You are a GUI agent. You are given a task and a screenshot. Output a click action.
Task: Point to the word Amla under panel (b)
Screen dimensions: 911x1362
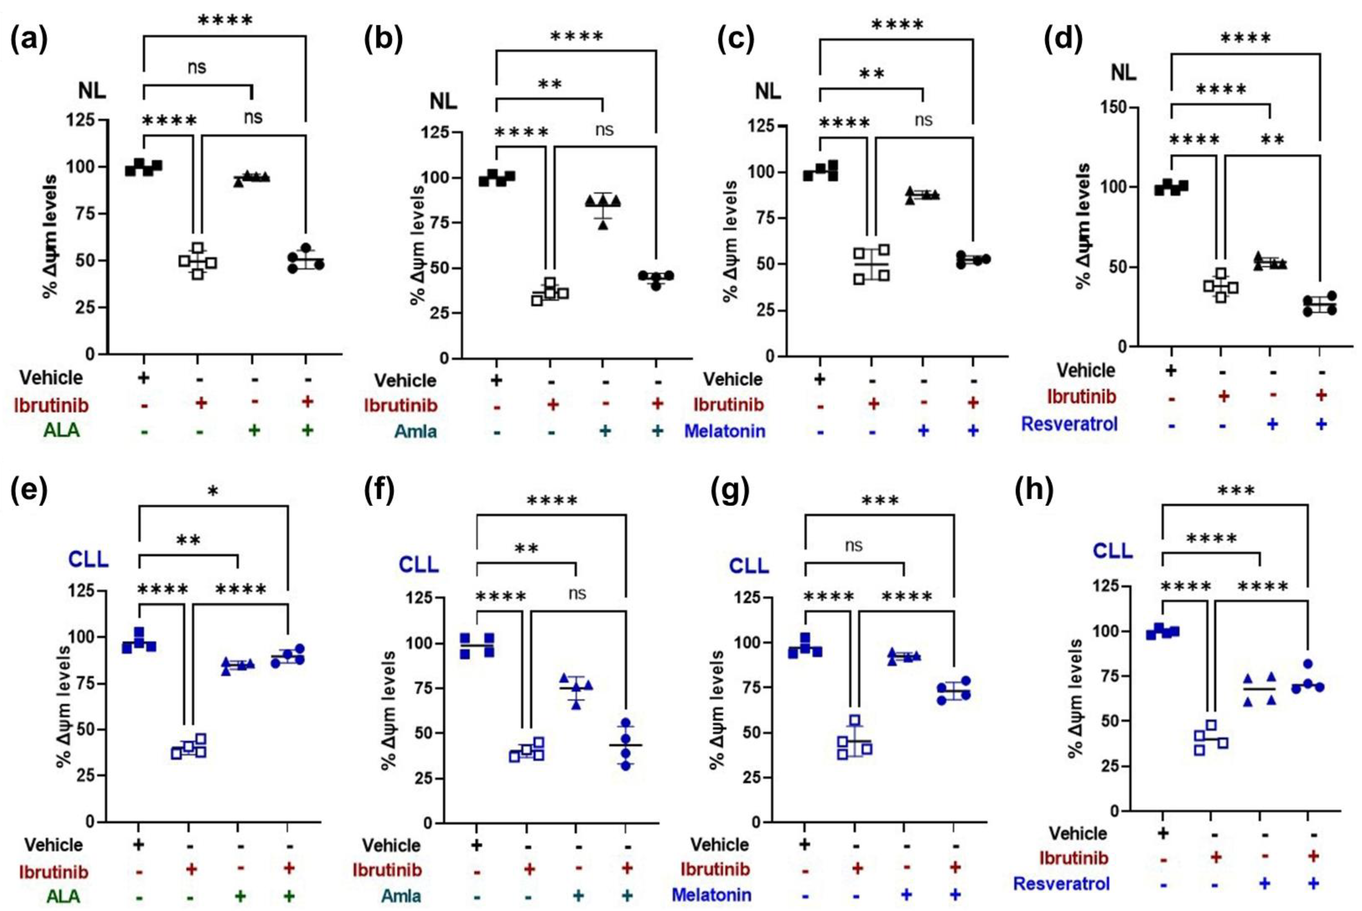(x=416, y=431)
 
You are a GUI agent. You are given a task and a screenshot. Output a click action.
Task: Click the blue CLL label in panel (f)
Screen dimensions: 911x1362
(x=418, y=565)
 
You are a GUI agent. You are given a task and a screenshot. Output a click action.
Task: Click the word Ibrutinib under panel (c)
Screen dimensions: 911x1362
(x=728, y=405)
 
